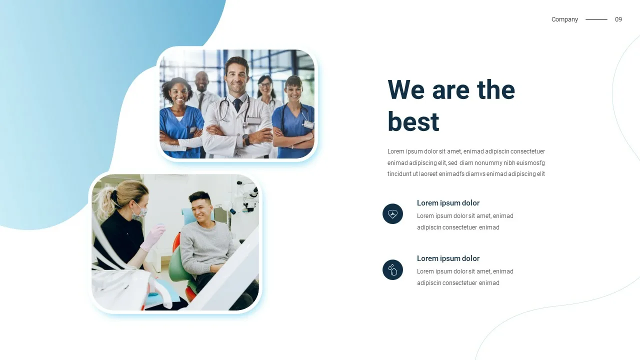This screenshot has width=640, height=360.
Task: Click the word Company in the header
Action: click(x=564, y=19)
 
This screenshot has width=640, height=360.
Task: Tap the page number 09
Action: click(x=618, y=19)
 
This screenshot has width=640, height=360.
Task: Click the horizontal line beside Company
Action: click(x=596, y=19)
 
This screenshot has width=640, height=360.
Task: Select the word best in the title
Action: click(x=413, y=121)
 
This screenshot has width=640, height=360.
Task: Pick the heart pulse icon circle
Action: click(x=392, y=213)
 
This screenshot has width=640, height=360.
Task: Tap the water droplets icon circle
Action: click(x=392, y=269)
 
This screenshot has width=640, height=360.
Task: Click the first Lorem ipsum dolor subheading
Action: click(x=448, y=203)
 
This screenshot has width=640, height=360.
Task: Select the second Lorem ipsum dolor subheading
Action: click(x=448, y=258)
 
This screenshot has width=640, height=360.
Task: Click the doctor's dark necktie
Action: click(x=237, y=105)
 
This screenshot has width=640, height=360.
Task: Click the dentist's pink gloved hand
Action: click(x=154, y=237)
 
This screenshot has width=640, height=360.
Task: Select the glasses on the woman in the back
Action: click(x=265, y=85)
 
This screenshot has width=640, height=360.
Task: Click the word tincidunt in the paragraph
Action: click(x=399, y=174)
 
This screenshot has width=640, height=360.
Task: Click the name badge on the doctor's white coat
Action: click(x=254, y=121)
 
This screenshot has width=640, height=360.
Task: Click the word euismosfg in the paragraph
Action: click(x=530, y=163)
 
